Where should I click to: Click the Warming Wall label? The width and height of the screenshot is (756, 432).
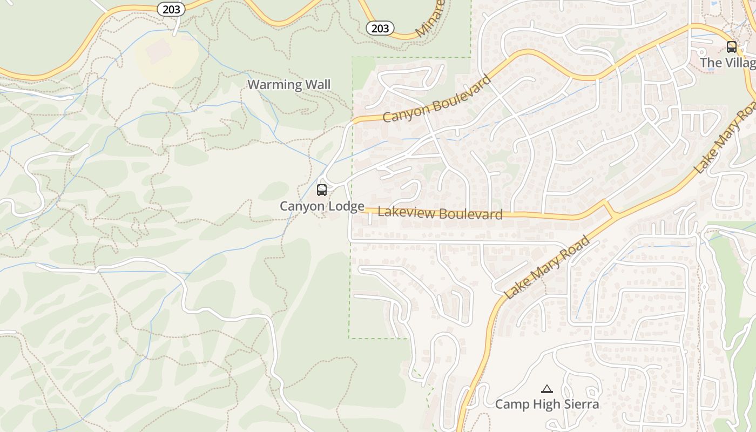(289, 85)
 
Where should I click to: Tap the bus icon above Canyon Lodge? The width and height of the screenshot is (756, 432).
(322, 190)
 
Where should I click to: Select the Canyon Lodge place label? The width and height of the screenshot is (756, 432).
(322, 206)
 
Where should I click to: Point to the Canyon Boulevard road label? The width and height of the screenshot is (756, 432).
(437, 99)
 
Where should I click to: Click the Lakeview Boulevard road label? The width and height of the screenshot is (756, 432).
(440, 213)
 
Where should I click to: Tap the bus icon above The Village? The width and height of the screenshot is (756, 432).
(732, 47)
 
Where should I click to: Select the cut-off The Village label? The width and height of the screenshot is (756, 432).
(727, 63)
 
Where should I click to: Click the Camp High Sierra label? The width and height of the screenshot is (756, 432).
(547, 404)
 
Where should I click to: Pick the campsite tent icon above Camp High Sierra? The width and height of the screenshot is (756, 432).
(547, 389)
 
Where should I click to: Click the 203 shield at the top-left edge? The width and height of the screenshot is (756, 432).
(171, 9)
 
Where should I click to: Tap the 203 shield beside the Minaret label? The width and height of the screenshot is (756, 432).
(380, 28)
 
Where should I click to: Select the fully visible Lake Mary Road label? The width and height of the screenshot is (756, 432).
(547, 268)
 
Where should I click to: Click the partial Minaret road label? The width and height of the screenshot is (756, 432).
(430, 19)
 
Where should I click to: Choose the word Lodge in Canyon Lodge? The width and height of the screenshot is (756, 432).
(345, 206)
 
